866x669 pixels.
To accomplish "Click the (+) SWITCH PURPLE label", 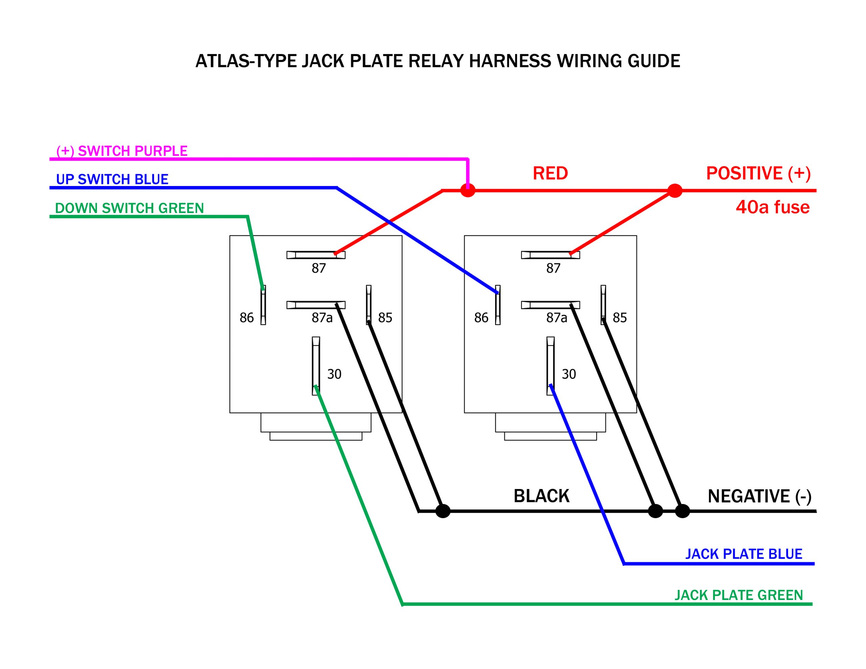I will coord(122,151).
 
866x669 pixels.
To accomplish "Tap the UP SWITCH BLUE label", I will coord(112,179).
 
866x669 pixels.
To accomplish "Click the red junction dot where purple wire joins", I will coord(468,191).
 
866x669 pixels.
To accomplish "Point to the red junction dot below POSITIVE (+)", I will coord(675,191).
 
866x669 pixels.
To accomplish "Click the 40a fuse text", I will coord(772,207).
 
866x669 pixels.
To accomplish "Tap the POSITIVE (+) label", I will coord(758,173).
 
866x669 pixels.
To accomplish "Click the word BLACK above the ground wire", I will coord(541,496).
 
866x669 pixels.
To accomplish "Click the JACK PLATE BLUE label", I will coord(744,554).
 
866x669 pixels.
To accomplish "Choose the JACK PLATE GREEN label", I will coord(738,595).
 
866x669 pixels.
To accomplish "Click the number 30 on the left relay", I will coord(334,374).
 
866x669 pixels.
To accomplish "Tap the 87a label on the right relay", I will coord(556,318).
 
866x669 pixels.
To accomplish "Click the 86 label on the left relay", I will coord(246,318).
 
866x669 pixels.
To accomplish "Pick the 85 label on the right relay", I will coord(619,318).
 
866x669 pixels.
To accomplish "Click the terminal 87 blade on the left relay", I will coord(316,255).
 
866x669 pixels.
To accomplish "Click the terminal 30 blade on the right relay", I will coord(550,366).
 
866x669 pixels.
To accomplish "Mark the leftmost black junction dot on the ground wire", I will coord(442,511).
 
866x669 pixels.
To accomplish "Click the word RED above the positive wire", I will coord(550,173).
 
